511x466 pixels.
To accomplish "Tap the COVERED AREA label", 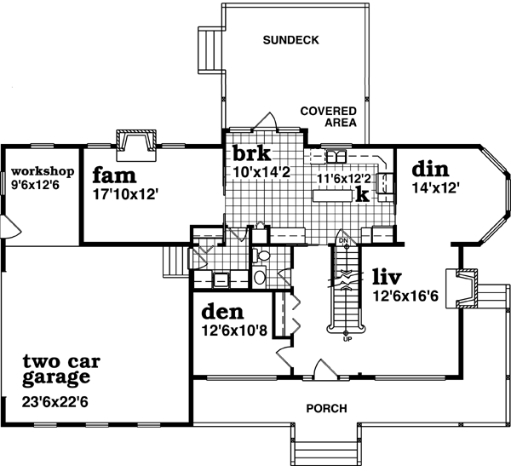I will pos(328,117).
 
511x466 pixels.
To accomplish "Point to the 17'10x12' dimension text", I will pos(127,193).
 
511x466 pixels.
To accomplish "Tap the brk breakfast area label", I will pos(252,154).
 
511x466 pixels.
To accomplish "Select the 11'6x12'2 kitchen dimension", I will pos(344,179).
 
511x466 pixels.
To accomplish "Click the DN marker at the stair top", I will pos(344,241).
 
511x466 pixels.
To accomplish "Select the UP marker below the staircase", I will pos(346,339).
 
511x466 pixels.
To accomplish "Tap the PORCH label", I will pos(327,408).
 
